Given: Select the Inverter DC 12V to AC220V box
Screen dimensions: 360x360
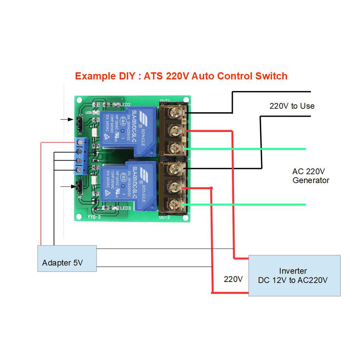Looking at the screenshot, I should point(294,275).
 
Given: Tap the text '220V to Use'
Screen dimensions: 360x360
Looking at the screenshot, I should point(292,106).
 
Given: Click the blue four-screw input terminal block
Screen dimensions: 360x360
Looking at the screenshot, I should point(81,156).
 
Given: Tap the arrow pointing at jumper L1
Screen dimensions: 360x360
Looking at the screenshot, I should point(67,120).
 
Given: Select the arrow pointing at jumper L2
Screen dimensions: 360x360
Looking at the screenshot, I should point(67,186).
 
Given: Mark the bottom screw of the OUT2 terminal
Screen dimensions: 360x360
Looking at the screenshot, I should point(175,204).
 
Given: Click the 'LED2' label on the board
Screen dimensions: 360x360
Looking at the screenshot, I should point(125,105).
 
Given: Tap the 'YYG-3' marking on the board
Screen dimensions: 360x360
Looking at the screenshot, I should point(94,217).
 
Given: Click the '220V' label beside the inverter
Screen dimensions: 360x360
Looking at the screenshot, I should point(233,279).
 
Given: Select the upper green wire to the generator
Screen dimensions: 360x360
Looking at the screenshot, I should point(246,149).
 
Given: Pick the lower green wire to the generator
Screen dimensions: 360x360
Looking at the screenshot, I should point(246,204).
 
